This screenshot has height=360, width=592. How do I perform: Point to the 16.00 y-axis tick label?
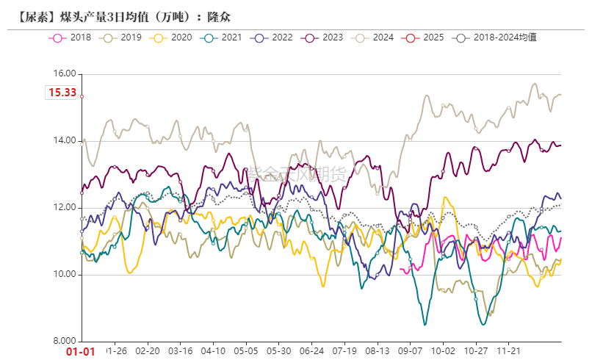[x=66, y=73]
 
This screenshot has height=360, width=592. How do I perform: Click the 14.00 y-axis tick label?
[x=66, y=141]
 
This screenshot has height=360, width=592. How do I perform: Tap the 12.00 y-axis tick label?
[x=66, y=208]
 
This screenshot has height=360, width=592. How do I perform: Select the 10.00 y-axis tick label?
[x=66, y=275]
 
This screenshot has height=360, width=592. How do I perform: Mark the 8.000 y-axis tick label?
[x=66, y=342]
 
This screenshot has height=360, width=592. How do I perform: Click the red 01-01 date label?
[x=81, y=351]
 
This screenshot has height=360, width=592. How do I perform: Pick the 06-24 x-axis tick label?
[x=312, y=351]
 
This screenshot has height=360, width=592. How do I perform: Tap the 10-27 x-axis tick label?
[x=477, y=351]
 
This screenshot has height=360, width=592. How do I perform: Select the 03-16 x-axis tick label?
[x=181, y=351]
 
